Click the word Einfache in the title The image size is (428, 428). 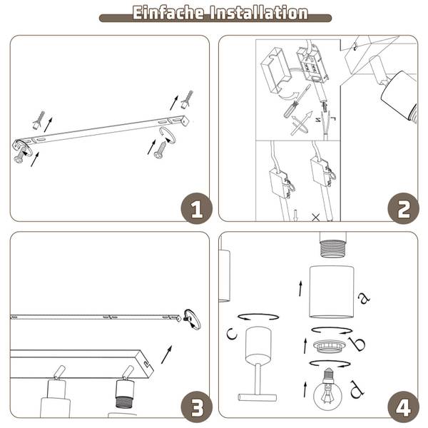pos(168,13)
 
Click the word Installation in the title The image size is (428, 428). pos(259,13)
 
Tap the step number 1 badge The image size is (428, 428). pos(197,209)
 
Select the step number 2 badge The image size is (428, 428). pos(403,209)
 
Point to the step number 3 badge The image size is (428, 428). pos(197,407)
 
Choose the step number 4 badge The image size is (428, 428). pos(403,407)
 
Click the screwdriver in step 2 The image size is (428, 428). pos(297,101)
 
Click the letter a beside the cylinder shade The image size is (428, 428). pos(364,297)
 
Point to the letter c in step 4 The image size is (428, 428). pos(232,334)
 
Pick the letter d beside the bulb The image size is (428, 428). pos(357,389)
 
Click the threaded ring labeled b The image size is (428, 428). pos(329,346)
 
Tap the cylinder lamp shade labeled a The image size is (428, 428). pos(332,292)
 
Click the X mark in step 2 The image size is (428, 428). pos(315,218)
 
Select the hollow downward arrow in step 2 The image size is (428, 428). pos(295,215)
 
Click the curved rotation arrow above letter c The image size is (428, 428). pos(258,317)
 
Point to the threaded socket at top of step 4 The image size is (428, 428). pos(332,245)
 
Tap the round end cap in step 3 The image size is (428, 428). pos(193,319)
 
